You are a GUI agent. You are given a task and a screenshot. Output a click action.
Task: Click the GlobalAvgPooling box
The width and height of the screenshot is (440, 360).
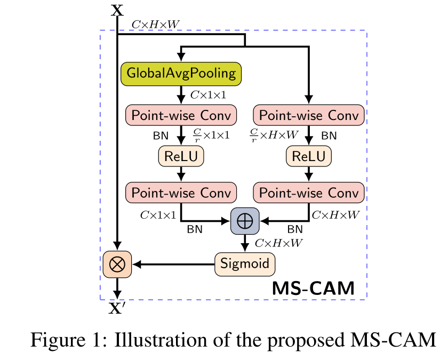tap(181, 74)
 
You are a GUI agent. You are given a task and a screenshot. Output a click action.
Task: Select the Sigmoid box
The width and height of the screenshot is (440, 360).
tap(245, 264)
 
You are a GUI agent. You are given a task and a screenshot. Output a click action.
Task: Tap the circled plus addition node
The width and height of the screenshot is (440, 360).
tap(245, 221)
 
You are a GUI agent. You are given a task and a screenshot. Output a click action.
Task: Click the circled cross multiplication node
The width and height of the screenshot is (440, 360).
tap(117, 265)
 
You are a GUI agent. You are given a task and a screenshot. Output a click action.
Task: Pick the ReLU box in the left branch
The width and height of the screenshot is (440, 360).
tap(181, 156)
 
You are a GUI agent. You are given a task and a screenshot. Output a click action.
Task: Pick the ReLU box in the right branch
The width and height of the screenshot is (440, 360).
tap(309, 156)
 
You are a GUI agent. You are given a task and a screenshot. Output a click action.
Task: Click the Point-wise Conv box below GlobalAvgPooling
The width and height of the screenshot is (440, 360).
tap(181, 115)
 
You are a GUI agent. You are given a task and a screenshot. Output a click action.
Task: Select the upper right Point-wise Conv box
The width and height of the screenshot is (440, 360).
tap(309, 115)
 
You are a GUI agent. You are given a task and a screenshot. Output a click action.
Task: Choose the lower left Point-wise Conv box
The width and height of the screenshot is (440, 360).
tap(181, 193)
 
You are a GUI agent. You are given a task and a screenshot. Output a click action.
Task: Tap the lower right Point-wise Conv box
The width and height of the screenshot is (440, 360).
tap(309, 193)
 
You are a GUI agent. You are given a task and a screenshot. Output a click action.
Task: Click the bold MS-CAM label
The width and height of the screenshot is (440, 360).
tap(314, 288)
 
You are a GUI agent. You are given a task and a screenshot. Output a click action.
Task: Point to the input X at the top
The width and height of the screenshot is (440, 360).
tap(117, 10)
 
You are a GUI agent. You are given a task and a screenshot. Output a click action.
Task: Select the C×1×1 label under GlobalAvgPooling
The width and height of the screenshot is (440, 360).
tap(208, 95)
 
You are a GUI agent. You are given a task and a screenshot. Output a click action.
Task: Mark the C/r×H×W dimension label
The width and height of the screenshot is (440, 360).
tap(274, 135)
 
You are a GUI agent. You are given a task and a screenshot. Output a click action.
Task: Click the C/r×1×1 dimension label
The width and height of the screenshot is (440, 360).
tap(211, 135)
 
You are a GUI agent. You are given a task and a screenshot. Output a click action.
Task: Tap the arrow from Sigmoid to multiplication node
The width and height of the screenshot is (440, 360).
tap(174, 265)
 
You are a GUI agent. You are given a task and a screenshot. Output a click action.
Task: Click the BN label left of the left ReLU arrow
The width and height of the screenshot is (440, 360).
tap(161, 136)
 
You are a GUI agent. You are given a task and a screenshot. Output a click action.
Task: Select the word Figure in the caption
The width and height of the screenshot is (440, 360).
tap(58, 340)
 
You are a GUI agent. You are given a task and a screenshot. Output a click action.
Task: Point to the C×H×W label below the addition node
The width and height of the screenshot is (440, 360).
tap(278, 243)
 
